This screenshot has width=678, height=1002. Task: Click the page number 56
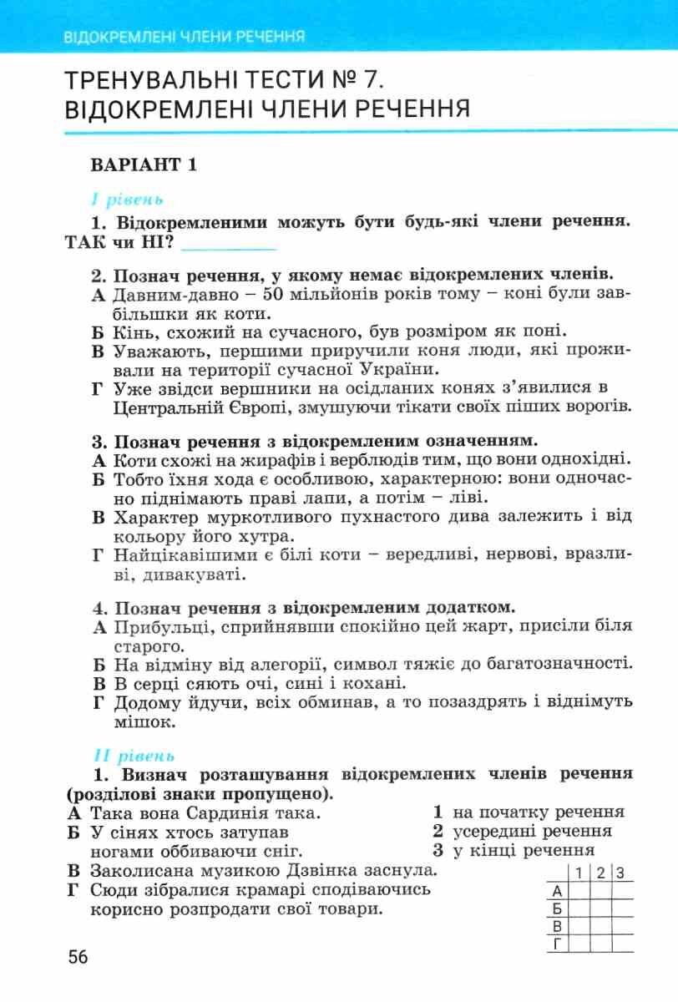click(78, 957)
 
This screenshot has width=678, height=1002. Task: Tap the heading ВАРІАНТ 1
click(144, 164)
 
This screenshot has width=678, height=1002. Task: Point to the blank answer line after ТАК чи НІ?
click(228, 245)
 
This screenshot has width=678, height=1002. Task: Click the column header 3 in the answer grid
click(621, 873)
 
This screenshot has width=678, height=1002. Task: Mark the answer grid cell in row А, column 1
click(577, 891)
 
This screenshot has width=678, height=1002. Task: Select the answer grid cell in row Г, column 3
click(621, 944)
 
